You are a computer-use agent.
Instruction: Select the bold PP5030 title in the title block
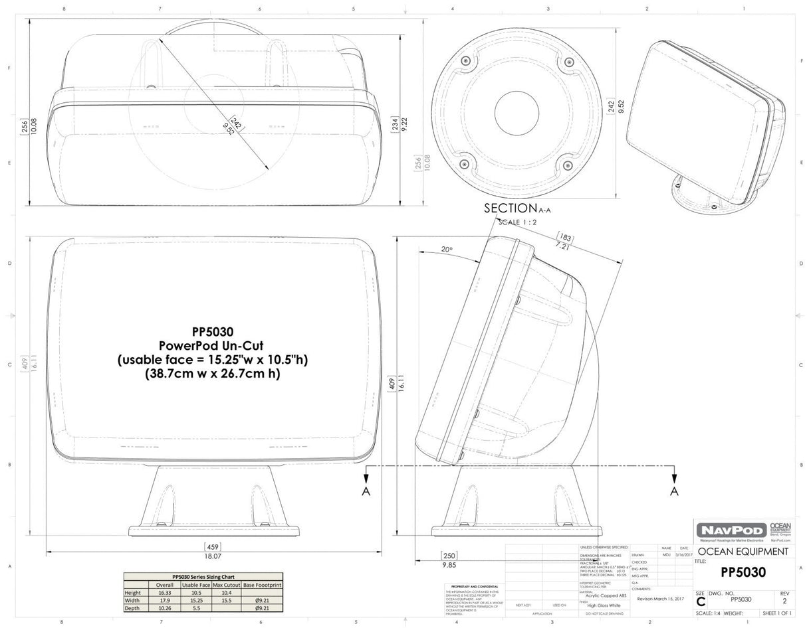pos(743,572)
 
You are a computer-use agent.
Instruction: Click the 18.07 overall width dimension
pos(213,556)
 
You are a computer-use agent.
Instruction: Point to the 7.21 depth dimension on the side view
pos(563,246)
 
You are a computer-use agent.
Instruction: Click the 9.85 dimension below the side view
pos(449,565)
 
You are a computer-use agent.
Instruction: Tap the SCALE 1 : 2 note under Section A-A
pos(518,222)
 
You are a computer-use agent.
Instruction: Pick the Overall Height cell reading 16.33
pos(164,592)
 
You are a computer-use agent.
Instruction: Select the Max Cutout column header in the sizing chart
pos(226,585)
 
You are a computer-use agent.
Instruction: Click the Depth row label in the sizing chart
pos(132,607)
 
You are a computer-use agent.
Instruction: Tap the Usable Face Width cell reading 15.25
pos(195,600)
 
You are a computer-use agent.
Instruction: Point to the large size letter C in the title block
pos(701,602)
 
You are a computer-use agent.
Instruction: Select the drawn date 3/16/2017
pos(684,554)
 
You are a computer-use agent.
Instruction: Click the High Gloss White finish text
pos(603,605)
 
